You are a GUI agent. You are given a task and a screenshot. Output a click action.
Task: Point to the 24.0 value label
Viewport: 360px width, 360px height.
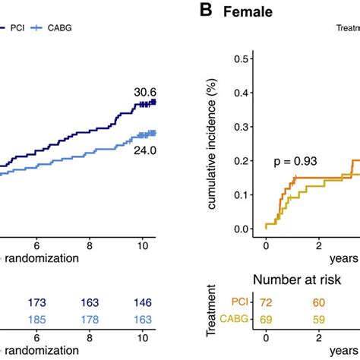coord(142,151)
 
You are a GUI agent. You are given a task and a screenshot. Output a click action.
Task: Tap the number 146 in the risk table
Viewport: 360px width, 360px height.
coord(142,305)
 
